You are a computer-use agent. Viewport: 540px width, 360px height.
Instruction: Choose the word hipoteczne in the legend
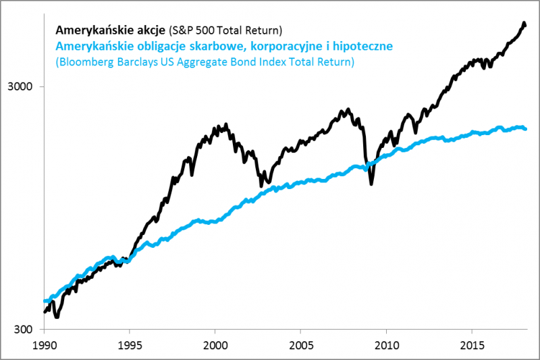(359, 47)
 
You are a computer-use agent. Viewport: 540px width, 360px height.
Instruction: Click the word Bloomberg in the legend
(84, 62)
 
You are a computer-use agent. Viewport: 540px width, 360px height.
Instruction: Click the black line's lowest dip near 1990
(57, 316)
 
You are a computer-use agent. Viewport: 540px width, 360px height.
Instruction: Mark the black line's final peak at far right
(524, 24)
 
